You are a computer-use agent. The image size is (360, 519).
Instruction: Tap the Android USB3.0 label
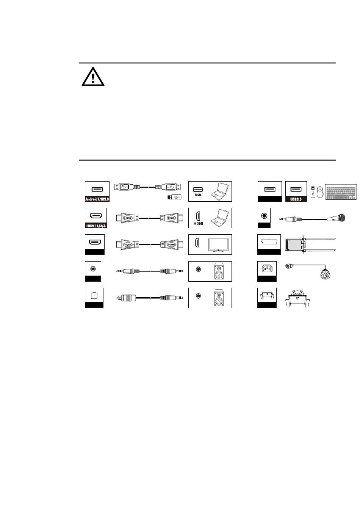click(x=97, y=199)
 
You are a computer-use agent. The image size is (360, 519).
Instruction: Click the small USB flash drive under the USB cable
click(x=175, y=197)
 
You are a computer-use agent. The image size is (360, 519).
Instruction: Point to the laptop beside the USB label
click(x=219, y=191)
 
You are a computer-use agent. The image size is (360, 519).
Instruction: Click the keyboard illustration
click(x=341, y=192)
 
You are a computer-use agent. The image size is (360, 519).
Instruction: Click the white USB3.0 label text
click(x=296, y=199)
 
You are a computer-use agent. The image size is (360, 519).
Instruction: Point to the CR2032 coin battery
click(x=297, y=292)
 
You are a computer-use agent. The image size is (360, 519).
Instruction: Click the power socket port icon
click(x=267, y=269)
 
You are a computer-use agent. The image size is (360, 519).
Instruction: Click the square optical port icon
click(x=93, y=295)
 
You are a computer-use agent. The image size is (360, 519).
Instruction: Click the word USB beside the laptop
click(x=198, y=195)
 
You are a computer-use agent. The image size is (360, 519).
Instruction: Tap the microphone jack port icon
click(x=264, y=215)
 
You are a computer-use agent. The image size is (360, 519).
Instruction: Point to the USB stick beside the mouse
click(x=312, y=191)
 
